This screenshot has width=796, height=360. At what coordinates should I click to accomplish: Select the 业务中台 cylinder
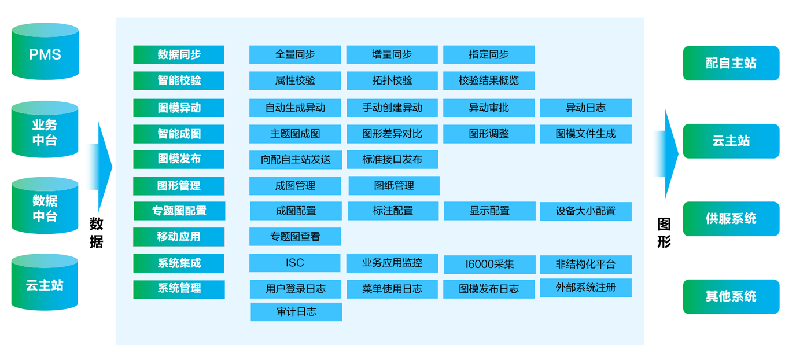pos(45,131)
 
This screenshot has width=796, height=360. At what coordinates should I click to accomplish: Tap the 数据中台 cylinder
pos(45,207)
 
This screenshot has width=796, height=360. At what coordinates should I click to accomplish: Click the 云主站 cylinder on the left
pos(45,284)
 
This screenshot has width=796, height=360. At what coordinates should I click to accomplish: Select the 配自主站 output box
pos(731,63)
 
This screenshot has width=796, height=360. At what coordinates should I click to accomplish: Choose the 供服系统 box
pos(731,219)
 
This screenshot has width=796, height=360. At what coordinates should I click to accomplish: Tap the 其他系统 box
pos(731,296)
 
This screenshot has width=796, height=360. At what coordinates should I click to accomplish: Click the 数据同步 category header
pos(179,55)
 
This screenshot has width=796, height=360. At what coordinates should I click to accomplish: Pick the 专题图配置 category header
pos(179,211)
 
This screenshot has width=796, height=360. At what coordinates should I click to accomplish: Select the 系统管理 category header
pos(179,289)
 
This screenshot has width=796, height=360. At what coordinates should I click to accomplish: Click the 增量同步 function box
pos(392,55)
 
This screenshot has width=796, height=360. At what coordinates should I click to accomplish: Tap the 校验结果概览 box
pos(488,80)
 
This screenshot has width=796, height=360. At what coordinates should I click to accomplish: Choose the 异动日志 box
pos(585,108)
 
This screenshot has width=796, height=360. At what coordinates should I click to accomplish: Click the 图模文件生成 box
pos(585,134)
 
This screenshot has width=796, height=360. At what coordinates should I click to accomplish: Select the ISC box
pos(294,263)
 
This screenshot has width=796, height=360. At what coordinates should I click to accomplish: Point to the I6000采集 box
pos(489,265)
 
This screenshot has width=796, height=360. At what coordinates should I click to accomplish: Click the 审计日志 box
pos(296,311)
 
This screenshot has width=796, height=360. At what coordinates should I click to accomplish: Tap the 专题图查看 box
pos(294,237)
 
